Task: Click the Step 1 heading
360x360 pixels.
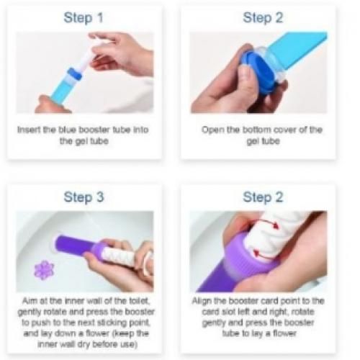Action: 84,18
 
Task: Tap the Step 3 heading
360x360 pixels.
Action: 84,197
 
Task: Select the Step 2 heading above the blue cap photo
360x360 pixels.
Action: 263,18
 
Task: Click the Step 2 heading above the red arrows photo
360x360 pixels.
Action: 263,197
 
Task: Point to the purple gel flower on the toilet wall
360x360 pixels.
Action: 44,270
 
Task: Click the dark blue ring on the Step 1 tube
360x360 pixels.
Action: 74,73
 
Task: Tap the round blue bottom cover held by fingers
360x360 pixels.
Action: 261,72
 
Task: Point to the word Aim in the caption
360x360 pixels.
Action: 28,301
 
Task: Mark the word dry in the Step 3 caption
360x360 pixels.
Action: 84,344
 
